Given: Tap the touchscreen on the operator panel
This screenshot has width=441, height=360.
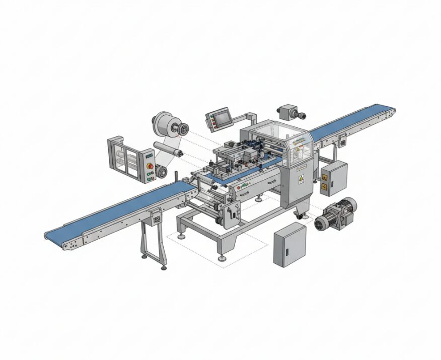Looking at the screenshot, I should [220, 119].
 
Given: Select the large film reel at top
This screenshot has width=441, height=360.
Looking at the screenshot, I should [167, 126].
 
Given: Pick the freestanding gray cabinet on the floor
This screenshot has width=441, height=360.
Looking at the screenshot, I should [289, 245].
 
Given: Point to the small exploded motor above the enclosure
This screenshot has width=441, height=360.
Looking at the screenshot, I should [289, 112].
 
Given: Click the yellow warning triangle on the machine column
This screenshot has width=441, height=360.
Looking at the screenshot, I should [302, 179].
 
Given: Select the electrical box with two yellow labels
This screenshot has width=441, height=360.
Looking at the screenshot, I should [334, 178].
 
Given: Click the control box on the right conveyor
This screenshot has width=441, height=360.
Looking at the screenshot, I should [343, 143].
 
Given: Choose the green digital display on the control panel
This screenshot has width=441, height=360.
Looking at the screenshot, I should [149, 156].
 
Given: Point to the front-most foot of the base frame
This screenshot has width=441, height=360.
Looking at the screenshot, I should [222, 258].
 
